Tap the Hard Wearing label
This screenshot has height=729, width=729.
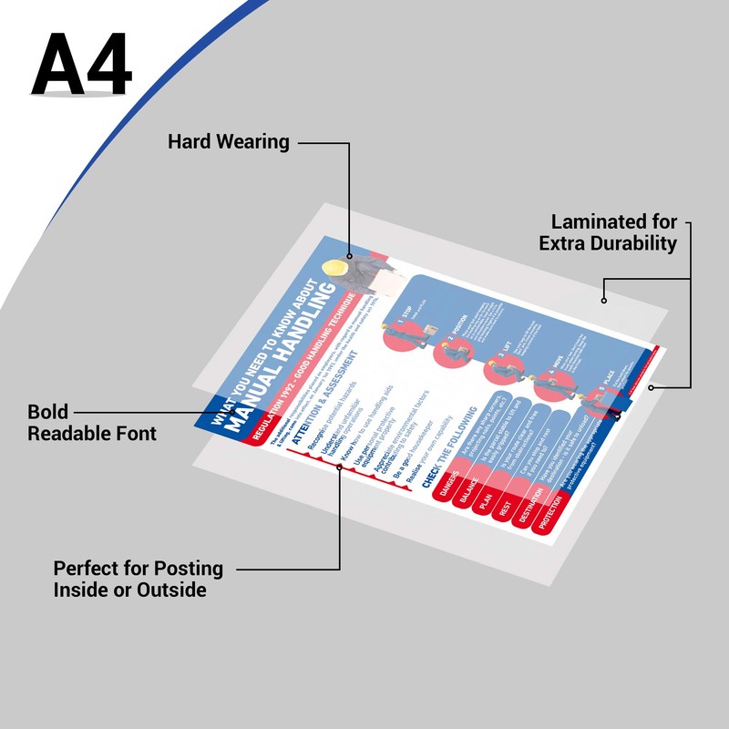pos(229,142)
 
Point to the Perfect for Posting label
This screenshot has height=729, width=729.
pos(138,579)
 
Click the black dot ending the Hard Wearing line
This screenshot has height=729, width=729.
pos(349,256)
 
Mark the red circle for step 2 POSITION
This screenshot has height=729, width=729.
pos(449,351)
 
